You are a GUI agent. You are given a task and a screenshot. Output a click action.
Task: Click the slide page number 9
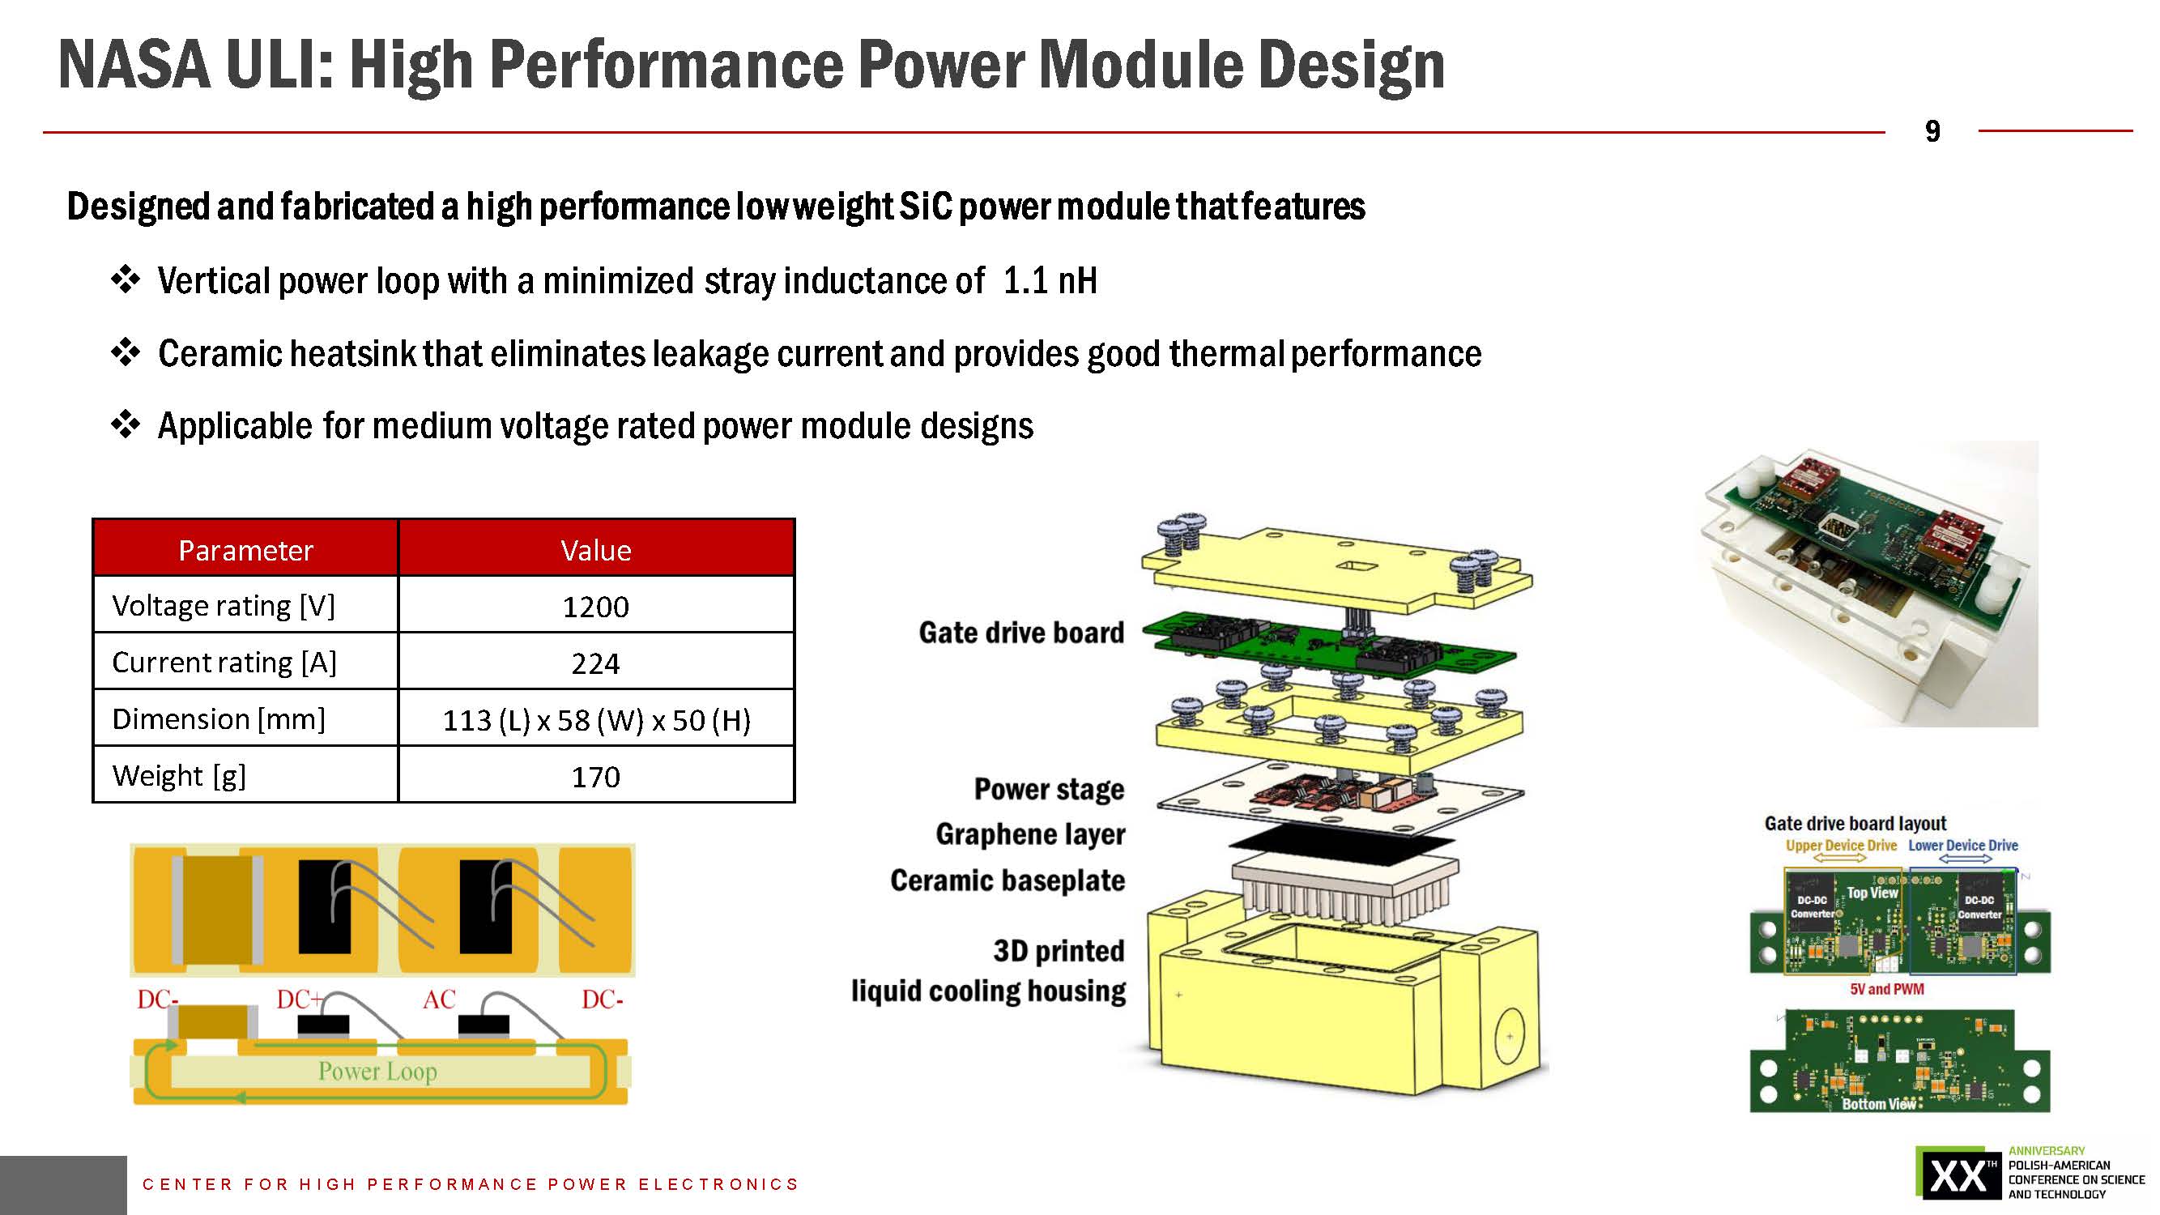1932,132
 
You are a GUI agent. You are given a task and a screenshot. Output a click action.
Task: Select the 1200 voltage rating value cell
595,606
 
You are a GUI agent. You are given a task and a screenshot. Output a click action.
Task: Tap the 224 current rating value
595,663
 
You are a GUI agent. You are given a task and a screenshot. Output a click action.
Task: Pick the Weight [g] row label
179,776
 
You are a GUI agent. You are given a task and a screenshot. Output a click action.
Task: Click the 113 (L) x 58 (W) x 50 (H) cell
596,719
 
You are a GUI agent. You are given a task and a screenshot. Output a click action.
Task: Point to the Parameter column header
245,550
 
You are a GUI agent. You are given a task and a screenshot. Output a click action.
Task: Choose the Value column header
595,550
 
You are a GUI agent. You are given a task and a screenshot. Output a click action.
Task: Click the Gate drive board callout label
1020,633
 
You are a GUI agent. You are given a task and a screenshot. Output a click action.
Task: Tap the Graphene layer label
1029,834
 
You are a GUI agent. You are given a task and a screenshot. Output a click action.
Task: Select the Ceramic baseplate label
1007,880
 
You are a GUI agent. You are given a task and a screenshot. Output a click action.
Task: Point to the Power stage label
1048,789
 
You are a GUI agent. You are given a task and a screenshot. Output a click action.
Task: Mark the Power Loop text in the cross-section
377,1071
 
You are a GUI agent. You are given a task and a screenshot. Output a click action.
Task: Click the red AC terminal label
438,1000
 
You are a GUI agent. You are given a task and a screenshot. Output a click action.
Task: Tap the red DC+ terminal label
300,1000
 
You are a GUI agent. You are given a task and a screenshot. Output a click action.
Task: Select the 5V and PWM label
1886,990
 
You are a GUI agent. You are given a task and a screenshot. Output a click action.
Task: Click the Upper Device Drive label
1841,845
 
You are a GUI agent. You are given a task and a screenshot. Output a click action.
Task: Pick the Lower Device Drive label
1963,845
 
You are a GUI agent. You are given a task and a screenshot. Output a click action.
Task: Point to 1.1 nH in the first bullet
1050,281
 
